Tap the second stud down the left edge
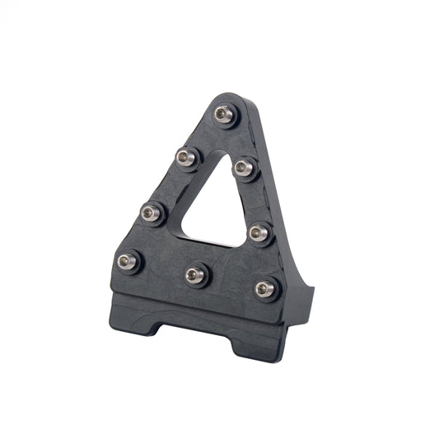pyautogui.click(x=184, y=155)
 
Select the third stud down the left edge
pyautogui.click(x=150, y=213)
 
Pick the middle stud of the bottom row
pyautogui.click(x=196, y=271)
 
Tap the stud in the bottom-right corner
pyautogui.click(x=264, y=287)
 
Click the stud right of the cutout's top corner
pyautogui.click(x=241, y=167)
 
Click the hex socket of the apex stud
pyautogui.click(x=224, y=113)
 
